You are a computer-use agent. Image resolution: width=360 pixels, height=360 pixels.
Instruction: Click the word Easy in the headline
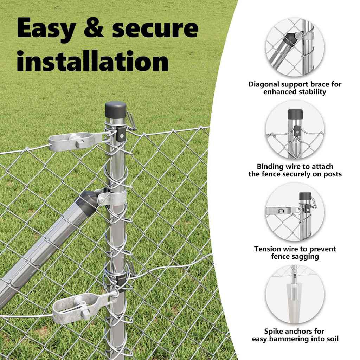point(46,28)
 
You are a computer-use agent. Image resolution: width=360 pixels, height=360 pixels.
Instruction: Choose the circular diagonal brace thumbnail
point(295,47)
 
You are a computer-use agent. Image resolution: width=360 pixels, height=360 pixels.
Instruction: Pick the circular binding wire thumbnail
point(295,130)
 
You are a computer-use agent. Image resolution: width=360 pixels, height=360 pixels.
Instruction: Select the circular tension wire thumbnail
point(295,212)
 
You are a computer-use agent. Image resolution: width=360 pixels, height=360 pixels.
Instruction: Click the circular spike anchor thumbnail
point(295,295)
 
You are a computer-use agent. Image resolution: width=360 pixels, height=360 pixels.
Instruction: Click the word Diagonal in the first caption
point(264,84)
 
